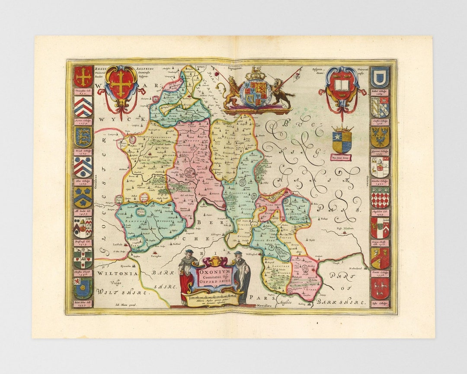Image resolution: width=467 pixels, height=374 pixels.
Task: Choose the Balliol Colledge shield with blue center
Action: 380,77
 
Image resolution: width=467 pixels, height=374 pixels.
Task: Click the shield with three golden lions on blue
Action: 83,136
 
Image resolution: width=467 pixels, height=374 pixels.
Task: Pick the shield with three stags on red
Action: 380,289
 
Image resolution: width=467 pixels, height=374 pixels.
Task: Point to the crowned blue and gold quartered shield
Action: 342,141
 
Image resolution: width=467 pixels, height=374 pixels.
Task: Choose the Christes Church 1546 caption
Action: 83,273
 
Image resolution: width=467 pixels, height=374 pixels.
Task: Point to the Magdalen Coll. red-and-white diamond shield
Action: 380,197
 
